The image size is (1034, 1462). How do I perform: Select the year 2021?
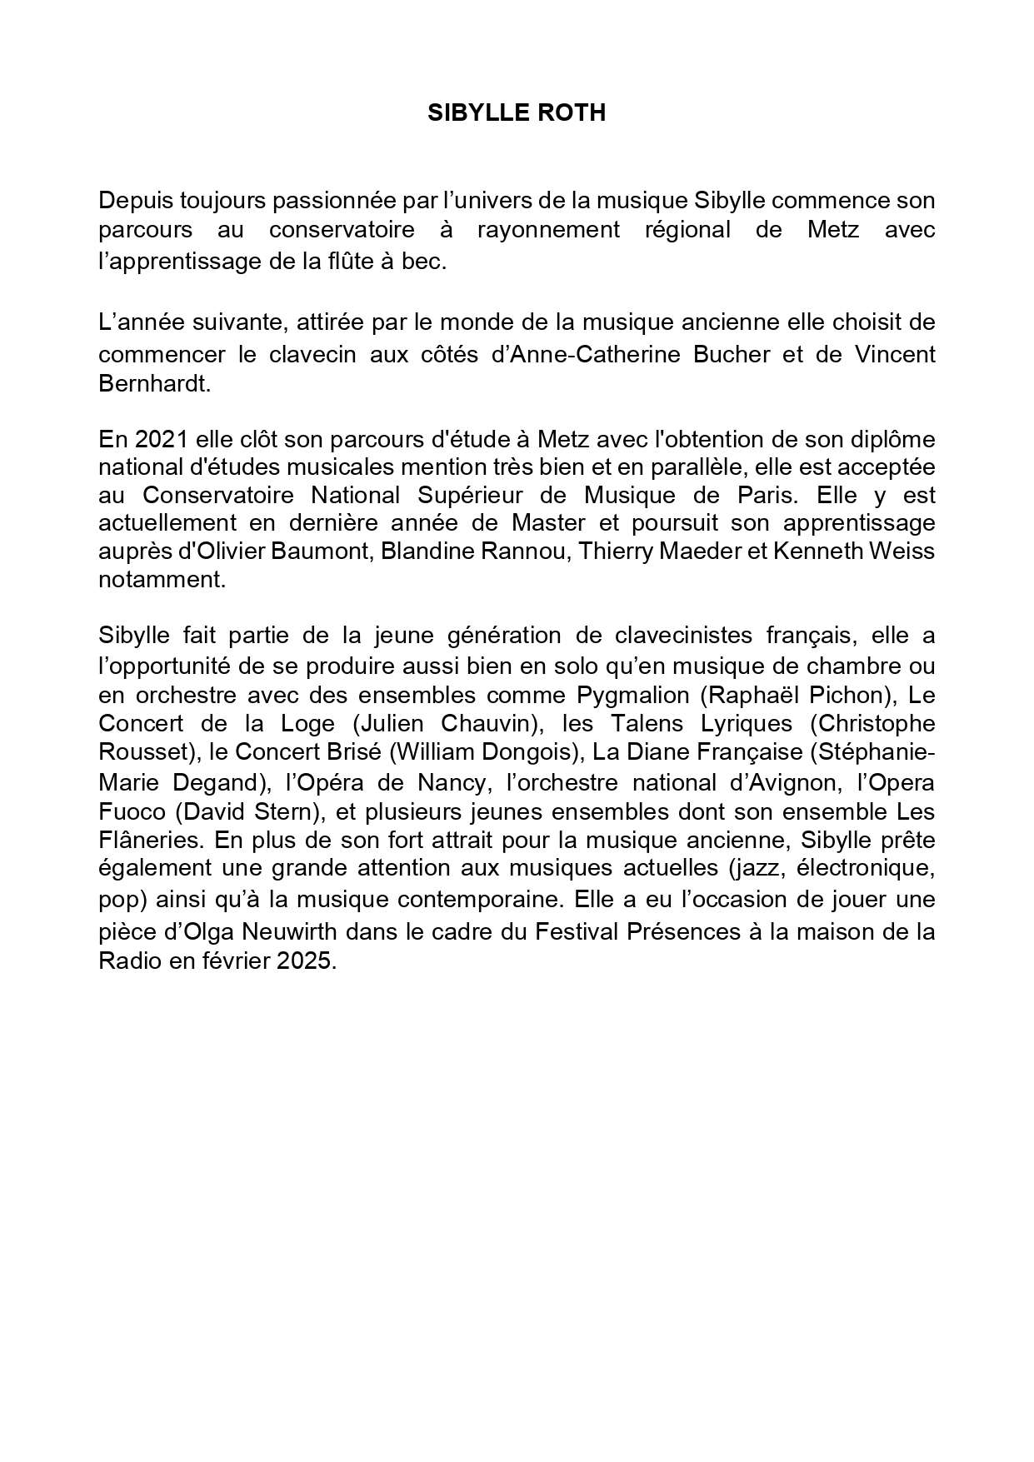click(x=150, y=438)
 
